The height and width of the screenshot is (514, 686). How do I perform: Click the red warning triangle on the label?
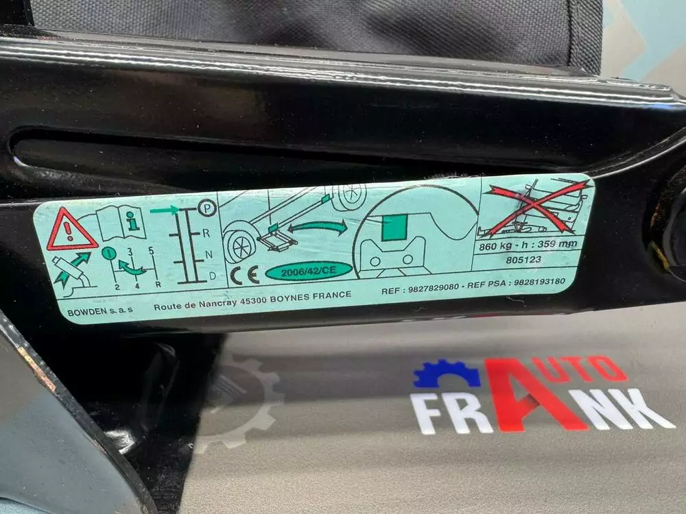point(71,231)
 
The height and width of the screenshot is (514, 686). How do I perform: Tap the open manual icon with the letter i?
point(121,222)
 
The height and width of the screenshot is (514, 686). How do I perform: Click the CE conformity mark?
point(244,276)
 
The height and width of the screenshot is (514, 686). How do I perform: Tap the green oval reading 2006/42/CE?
point(309,271)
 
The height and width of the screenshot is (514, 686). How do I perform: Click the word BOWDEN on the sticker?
point(86,312)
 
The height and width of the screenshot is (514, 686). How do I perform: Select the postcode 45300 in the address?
point(253,301)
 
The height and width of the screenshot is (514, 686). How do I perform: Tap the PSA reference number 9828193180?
point(539,282)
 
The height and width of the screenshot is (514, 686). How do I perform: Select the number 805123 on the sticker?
point(523,260)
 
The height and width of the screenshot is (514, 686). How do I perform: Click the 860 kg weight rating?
point(496,247)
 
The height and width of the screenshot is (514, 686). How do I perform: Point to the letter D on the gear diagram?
point(213,276)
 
